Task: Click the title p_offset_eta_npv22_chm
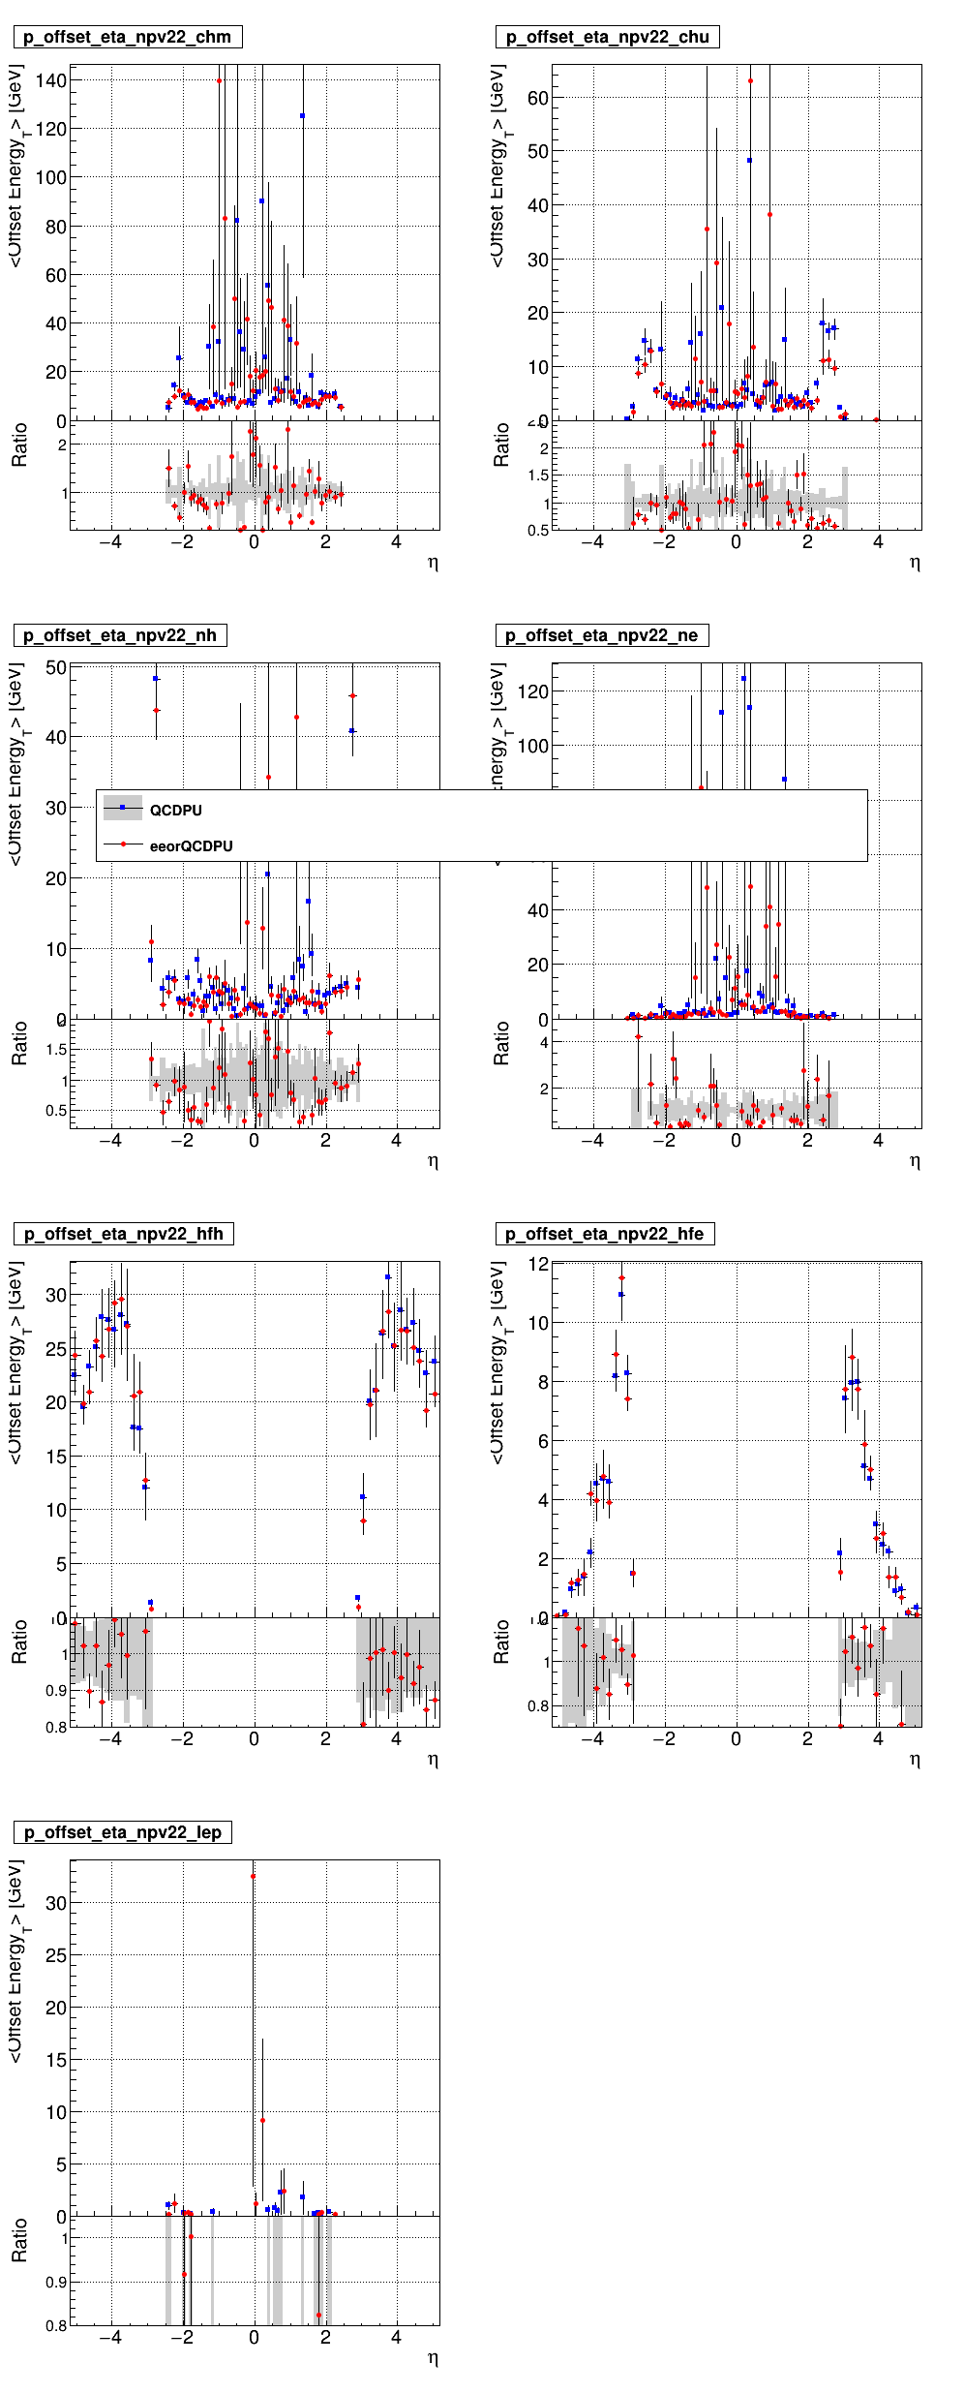click(127, 37)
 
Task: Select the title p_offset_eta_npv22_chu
click(608, 37)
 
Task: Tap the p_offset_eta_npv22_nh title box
click(120, 635)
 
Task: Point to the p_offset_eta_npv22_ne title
click(602, 635)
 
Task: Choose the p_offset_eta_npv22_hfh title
click(124, 1234)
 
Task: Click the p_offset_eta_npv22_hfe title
click(605, 1234)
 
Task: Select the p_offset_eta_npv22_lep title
click(123, 1832)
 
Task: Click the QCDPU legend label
click(175, 811)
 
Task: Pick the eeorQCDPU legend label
click(191, 846)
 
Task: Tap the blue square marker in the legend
click(123, 808)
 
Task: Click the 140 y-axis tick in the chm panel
click(51, 80)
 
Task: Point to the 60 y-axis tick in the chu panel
click(538, 98)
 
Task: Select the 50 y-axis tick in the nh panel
click(56, 667)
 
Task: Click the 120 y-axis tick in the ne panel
click(533, 691)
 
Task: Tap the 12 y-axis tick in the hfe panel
click(538, 1264)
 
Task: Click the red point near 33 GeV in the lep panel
click(254, 1876)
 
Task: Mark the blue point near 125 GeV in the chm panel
click(302, 115)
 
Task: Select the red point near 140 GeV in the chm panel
click(220, 81)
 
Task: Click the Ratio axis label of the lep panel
click(19, 2241)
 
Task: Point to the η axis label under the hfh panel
click(433, 1760)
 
